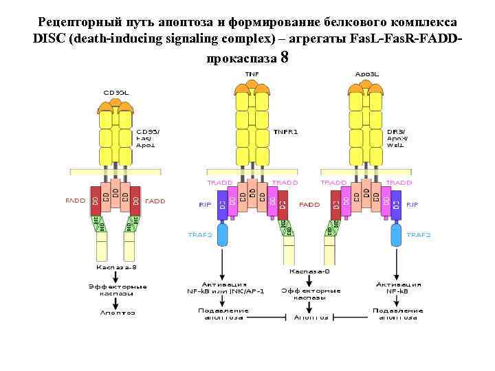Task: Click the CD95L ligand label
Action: click(x=115, y=91)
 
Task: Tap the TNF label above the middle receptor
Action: click(x=252, y=73)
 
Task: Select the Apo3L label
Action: click(x=365, y=73)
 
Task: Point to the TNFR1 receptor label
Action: click(x=285, y=131)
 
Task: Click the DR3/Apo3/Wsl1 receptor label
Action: click(x=396, y=137)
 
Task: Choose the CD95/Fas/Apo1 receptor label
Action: click(x=148, y=137)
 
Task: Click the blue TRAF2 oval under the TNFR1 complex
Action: click(x=222, y=235)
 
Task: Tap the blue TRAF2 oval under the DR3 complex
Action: click(x=397, y=235)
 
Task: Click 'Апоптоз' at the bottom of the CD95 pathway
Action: click(x=117, y=313)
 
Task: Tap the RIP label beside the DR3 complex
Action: click(x=412, y=204)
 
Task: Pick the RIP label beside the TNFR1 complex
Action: click(x=205, y=204)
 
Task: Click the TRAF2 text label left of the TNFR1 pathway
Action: click(x=200, y=235)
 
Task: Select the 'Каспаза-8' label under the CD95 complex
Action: click(x=117, y=267)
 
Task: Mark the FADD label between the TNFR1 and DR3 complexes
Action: click(x=309, y=204)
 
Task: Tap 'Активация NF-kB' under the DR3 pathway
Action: click(x=399, y=287)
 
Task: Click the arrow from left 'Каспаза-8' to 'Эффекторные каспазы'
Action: click(x=117, y=276)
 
